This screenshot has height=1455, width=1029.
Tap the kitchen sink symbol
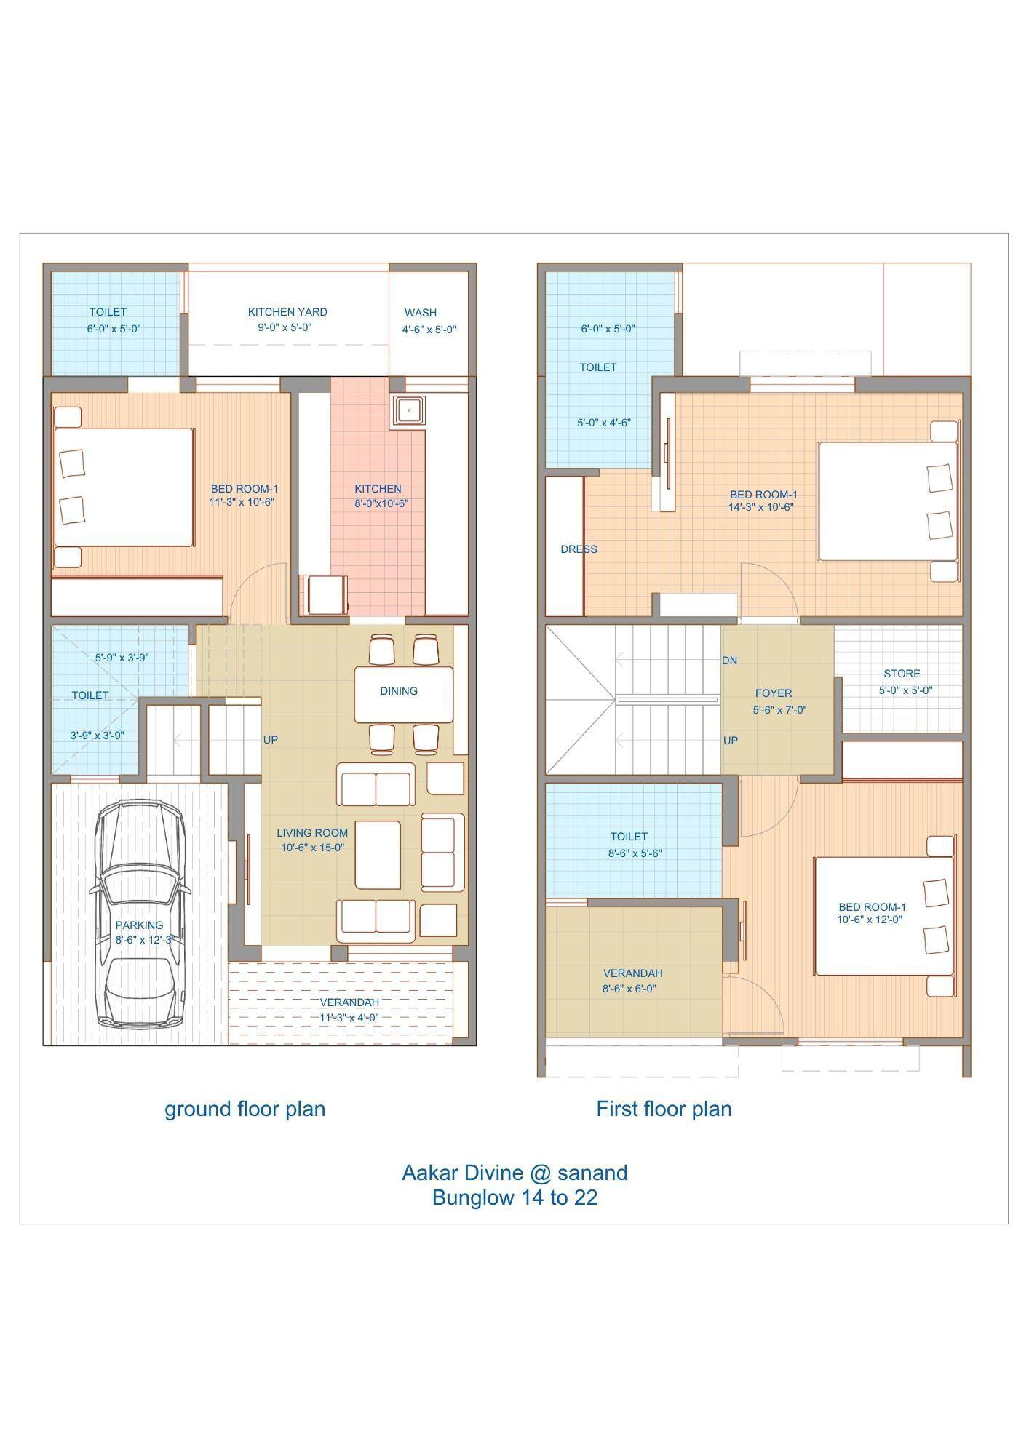410,410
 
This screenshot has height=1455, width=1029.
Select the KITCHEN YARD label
287,312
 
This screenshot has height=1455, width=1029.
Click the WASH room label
421,313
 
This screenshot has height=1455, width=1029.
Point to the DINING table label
399,691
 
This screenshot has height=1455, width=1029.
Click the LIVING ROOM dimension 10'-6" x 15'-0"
312,848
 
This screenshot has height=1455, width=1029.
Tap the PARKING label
139,925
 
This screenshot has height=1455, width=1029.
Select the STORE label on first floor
902,674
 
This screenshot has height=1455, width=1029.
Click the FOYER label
774,693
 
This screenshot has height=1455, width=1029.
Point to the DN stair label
729,661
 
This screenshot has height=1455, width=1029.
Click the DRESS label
579,549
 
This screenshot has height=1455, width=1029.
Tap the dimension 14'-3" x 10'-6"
760,507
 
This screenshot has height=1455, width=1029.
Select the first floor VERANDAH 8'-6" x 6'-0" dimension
629,989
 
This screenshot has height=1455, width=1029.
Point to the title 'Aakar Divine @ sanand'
514,1172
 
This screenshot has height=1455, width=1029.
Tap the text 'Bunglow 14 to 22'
514,1197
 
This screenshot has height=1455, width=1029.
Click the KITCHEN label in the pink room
378,489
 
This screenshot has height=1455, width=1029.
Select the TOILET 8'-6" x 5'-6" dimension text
635,853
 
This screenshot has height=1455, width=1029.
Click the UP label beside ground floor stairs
271,740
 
